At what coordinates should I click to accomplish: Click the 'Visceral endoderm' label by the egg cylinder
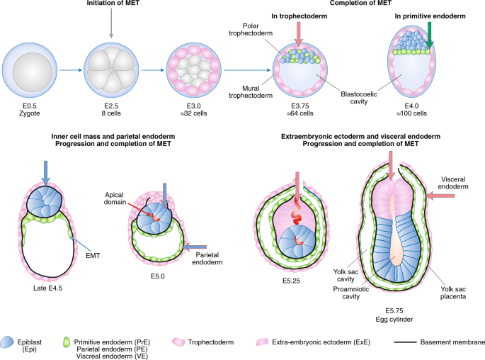pyautogui.click(x=461, y=184)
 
